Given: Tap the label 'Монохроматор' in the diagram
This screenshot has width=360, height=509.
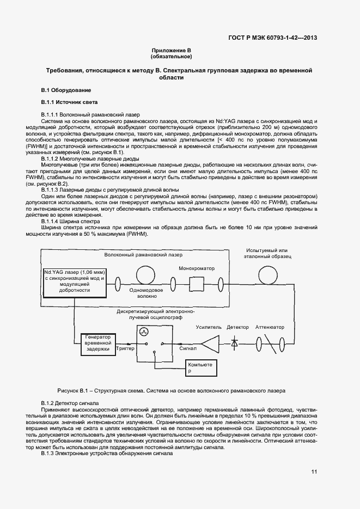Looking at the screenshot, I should (197, 268).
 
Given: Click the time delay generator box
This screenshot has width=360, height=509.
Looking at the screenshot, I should (99, 344).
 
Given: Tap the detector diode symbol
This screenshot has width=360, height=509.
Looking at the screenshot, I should (235, 344).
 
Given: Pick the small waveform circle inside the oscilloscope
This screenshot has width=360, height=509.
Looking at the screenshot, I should (144, 331).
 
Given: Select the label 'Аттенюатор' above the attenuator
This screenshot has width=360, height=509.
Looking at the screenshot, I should (270, 327).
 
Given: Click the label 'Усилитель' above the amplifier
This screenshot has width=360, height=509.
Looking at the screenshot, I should (209, 327).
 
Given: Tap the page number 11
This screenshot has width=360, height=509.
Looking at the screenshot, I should (314, 471).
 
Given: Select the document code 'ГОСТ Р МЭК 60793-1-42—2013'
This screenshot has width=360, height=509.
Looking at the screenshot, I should (272, 38).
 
